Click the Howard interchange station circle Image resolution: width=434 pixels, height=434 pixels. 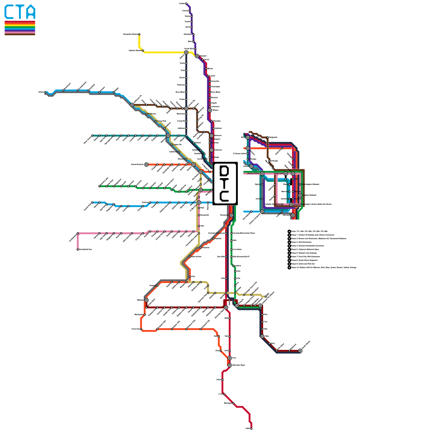pos(197,56)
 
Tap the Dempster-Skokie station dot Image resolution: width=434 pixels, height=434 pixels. pos(139,34)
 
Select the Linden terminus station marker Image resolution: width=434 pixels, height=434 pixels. pos(186,4)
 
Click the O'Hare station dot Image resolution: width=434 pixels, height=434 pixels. pos(45,92)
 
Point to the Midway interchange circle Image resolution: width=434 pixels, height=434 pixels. pos(146,300)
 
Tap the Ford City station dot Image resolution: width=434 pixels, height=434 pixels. pos(141,329)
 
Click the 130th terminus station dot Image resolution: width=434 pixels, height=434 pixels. pos(251,429)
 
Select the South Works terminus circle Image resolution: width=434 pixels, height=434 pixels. pos(300,351)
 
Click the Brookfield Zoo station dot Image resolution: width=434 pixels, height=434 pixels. pos(78,250)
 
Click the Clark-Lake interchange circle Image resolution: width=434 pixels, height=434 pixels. pos(286,174)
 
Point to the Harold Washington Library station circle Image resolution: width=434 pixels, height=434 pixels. pos(291,204)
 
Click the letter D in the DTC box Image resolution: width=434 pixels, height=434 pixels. pos(225,171)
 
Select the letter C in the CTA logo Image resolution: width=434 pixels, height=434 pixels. pos(10,12)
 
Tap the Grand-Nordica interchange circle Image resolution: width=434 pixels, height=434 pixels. pos(146,164)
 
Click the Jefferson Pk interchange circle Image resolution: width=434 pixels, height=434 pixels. pos(132,105)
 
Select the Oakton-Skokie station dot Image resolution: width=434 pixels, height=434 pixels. pos(143,50)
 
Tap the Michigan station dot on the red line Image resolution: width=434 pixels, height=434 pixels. pos(233,403)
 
